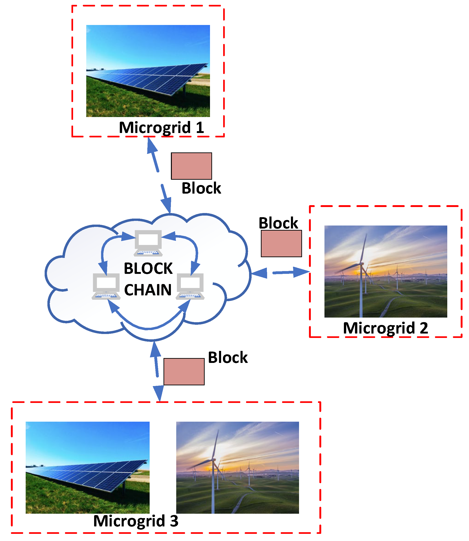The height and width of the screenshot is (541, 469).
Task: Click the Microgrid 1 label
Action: click(x=161, y=128)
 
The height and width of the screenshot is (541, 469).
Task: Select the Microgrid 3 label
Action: click(x=136, y=521)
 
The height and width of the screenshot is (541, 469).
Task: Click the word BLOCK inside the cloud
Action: click(x=148, y=269)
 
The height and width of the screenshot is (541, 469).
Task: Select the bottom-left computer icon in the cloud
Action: click(x=106, y=286)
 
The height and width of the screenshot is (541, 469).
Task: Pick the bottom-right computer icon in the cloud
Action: click(x=190, y=286)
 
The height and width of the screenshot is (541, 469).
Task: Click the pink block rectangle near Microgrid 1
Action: click(x=191, y=166)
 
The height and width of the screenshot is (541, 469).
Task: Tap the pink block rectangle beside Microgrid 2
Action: click(x=281, y=243)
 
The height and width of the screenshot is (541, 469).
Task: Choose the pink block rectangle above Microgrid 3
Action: click(x=184, y=372)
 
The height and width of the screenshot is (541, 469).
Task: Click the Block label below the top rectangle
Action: click(x=201, y=189)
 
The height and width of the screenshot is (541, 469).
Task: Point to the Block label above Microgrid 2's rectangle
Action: click(x=278, y=223)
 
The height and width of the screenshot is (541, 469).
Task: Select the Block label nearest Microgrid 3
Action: click(x=228, y=358)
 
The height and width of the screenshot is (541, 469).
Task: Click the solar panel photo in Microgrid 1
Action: click(x=148, y=71)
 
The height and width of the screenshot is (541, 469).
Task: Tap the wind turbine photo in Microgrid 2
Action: click(x=386, y=271)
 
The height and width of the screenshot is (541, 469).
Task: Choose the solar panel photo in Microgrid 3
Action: click(x=87, y=467)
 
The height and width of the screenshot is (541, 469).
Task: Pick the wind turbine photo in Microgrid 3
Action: click(x=237, y=467)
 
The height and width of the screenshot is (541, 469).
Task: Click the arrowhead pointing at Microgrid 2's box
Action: click(x=302, y=272)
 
